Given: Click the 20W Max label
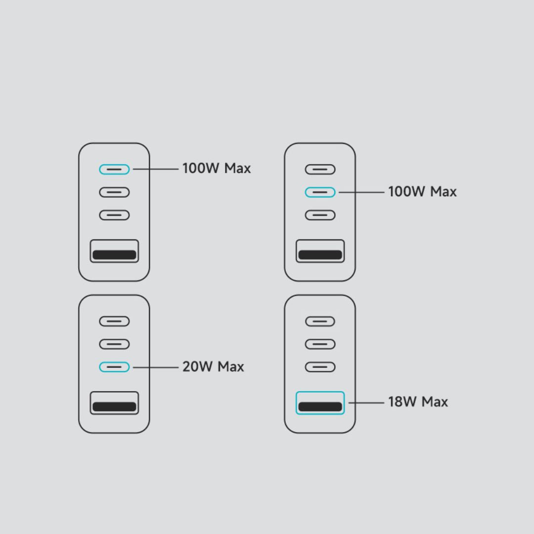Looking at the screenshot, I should pos(213,367).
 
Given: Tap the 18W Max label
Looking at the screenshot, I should pos(418,402).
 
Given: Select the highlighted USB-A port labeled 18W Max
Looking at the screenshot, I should pos(320,402).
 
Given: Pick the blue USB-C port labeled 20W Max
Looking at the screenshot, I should pos(114,367).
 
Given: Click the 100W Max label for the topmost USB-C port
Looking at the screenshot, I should pos(217,169).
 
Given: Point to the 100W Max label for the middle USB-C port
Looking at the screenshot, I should pos(422,192).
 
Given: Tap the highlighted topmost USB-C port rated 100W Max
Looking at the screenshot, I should pos(114,170).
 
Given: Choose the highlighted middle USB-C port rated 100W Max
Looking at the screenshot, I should pos(320,192).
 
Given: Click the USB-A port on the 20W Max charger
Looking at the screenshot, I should pos(114,402).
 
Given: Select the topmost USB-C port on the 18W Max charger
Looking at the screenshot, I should pos(320,321).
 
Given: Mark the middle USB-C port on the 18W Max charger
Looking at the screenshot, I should pos(320,344).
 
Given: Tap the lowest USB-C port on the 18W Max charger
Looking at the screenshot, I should pos(320,367).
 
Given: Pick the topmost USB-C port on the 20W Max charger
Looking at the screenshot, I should pos(114,321).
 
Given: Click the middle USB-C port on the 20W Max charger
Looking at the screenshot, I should pos(114,344).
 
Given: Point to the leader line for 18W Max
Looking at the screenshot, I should pos(366,402).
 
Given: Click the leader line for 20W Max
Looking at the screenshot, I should pos(155,367).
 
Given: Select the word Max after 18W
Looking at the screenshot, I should pos(435,402).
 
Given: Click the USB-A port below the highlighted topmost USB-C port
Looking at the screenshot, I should pos(114,251).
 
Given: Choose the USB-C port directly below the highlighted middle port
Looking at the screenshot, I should pos(320,215).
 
